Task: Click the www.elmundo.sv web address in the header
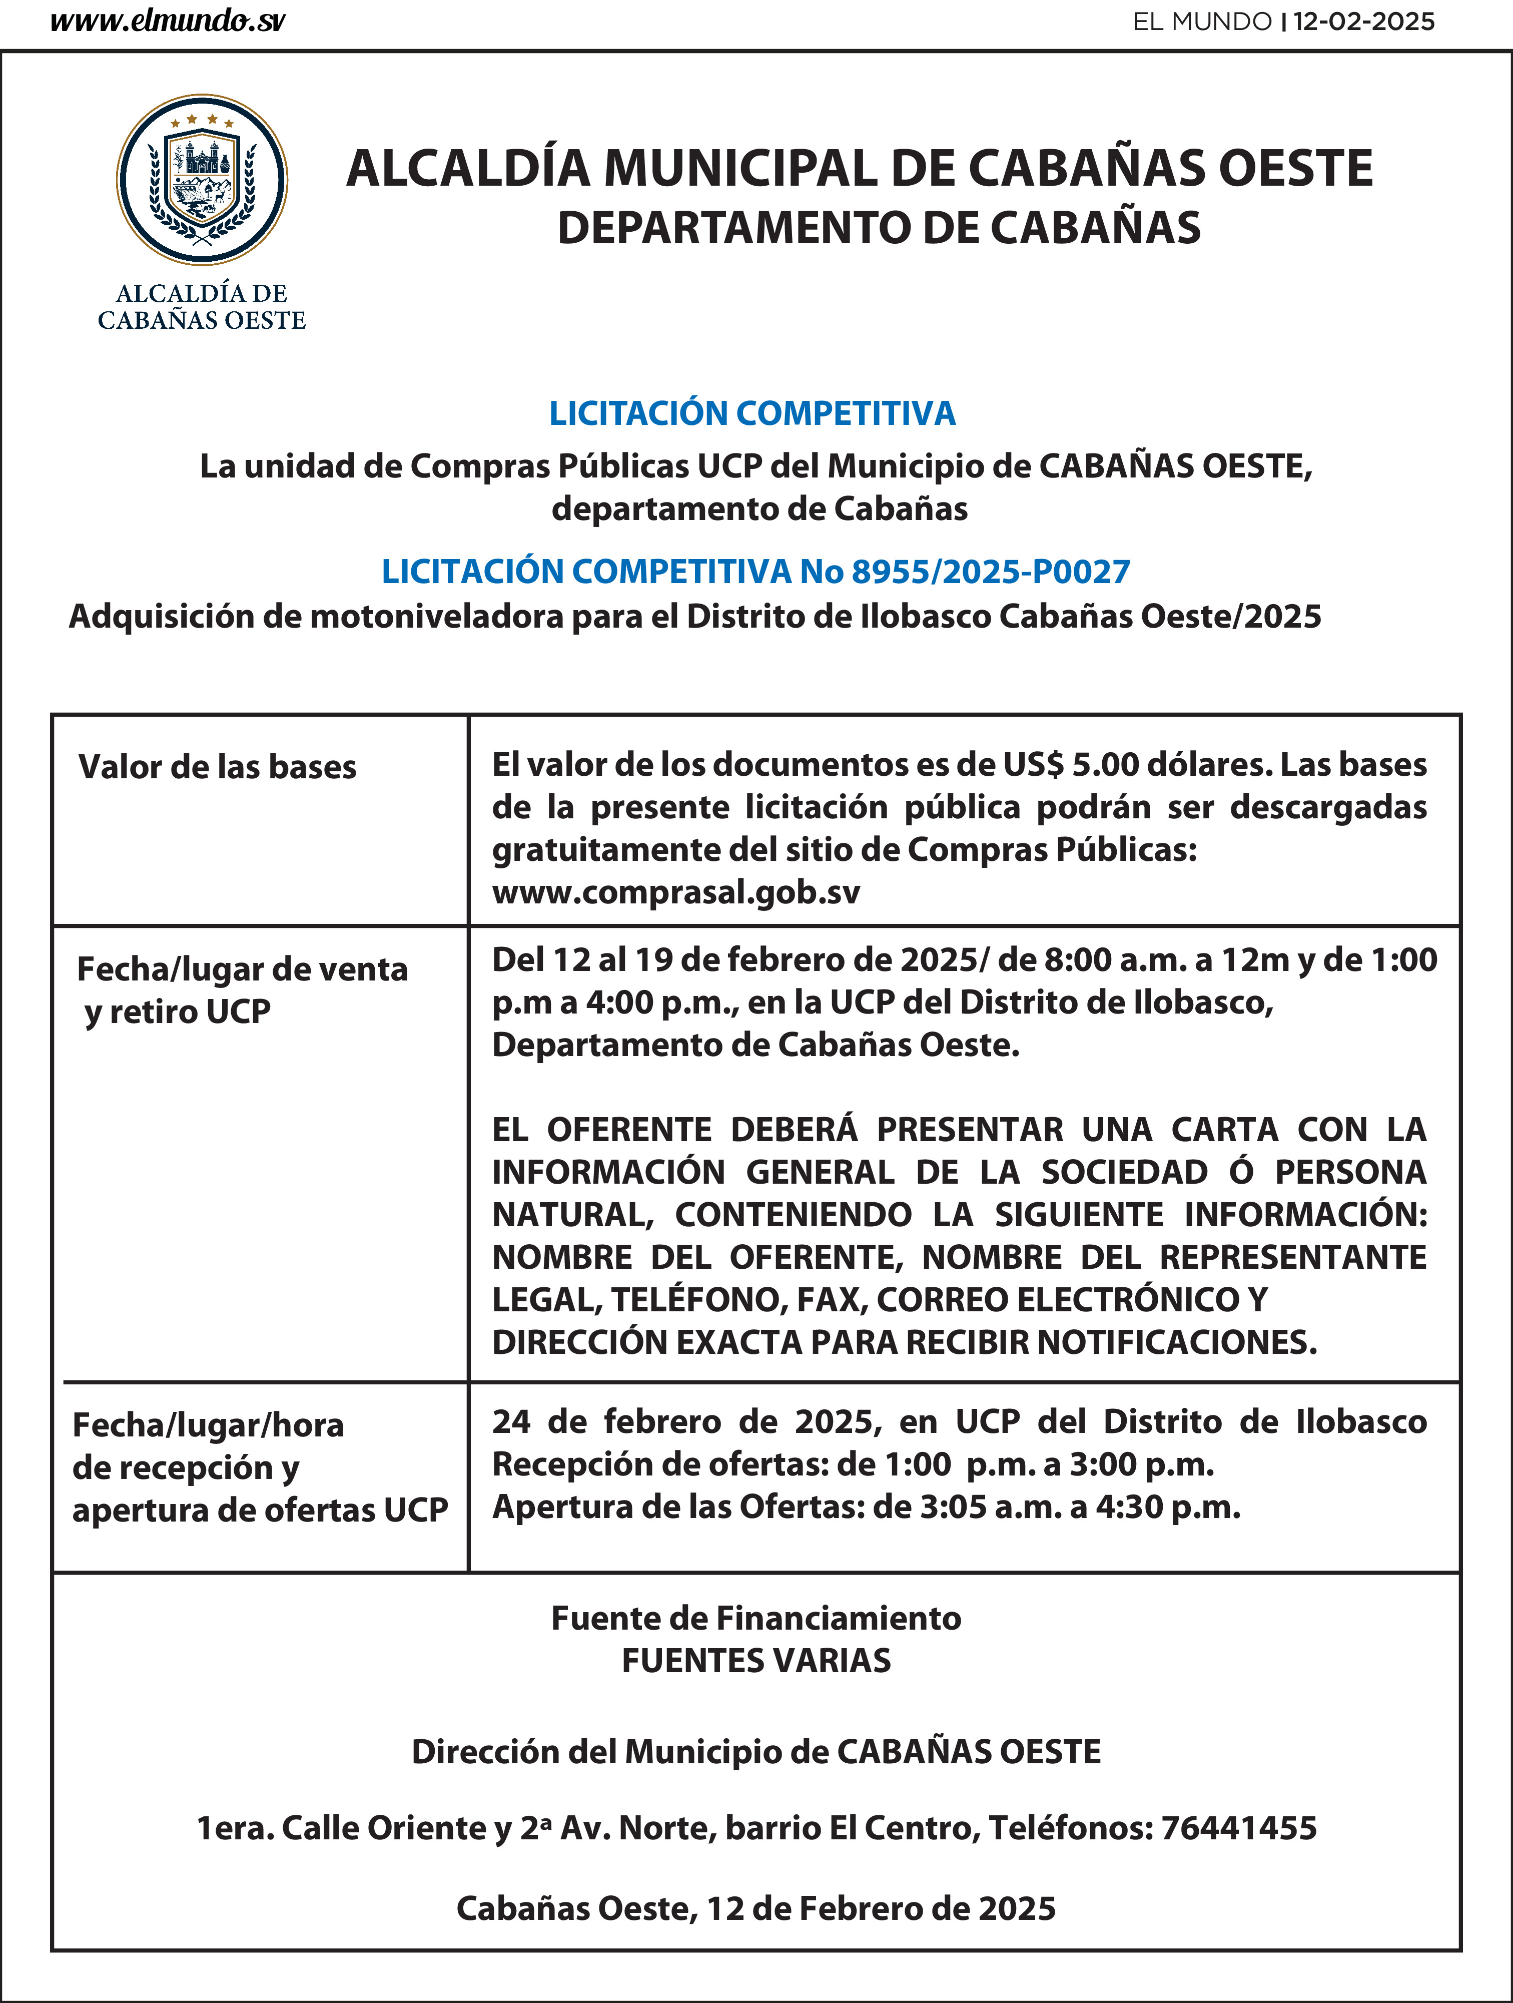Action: click(168, 22)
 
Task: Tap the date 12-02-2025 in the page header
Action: click(1363, 22)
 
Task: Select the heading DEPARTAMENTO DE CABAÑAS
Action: click(878, 228)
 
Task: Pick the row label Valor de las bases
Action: click(217, 767)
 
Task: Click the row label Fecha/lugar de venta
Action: click(242, 969)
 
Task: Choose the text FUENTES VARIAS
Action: click(756, 1661)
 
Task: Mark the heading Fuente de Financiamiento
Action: click(756, 1618)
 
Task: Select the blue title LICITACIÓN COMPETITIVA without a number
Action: click(752, 413)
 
